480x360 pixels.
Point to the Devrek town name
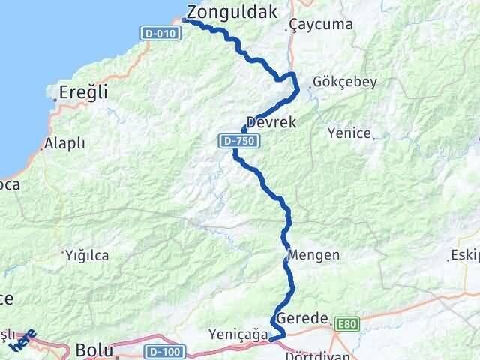click(271, 121)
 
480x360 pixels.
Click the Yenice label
click(349, 133)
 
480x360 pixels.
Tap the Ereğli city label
click(82, 93)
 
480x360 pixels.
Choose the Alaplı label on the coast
click(64, 143)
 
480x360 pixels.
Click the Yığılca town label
click(86, 255)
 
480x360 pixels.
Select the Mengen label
click(314, 255)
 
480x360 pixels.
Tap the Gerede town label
click(302, 319)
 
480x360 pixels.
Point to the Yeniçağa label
click(239, 334)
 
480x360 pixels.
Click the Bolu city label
click(94, 349)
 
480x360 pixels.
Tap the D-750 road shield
click(232, 139)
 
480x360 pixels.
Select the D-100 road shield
click(163, 350)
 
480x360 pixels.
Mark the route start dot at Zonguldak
click(184, 21)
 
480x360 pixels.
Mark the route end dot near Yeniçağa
click(271, 340)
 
